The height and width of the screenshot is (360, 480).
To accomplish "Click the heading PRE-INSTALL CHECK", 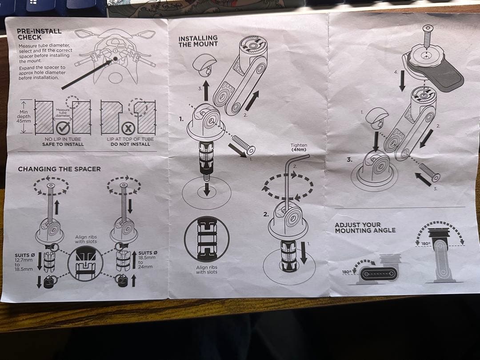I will pos(39,34).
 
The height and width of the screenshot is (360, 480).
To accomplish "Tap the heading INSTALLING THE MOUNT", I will pos(198,41).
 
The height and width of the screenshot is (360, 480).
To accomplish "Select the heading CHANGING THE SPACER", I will pos(59,169).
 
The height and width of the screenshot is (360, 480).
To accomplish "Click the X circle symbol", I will pos(129,128).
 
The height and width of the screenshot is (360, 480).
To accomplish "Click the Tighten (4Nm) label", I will pos(299,148).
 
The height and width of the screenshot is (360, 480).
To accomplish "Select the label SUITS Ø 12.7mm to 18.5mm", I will pos(25,262).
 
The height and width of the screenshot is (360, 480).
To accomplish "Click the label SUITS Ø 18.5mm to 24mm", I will pos(147,259).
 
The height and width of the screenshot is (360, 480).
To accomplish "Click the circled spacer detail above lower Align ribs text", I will pos(206,239).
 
